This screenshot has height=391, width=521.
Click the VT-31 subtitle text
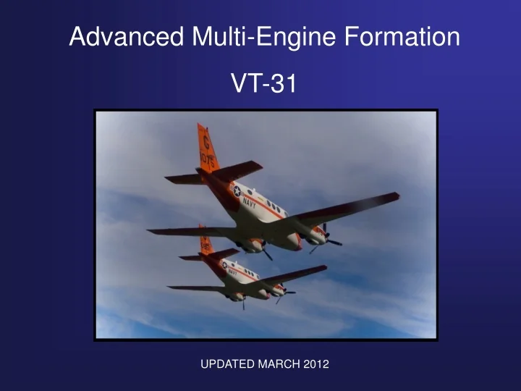point(263,84)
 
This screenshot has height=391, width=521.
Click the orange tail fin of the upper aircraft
point(208,148)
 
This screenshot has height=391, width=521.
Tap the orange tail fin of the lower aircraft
point(206,241)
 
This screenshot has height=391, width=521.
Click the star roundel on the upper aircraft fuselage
point(236,191)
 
